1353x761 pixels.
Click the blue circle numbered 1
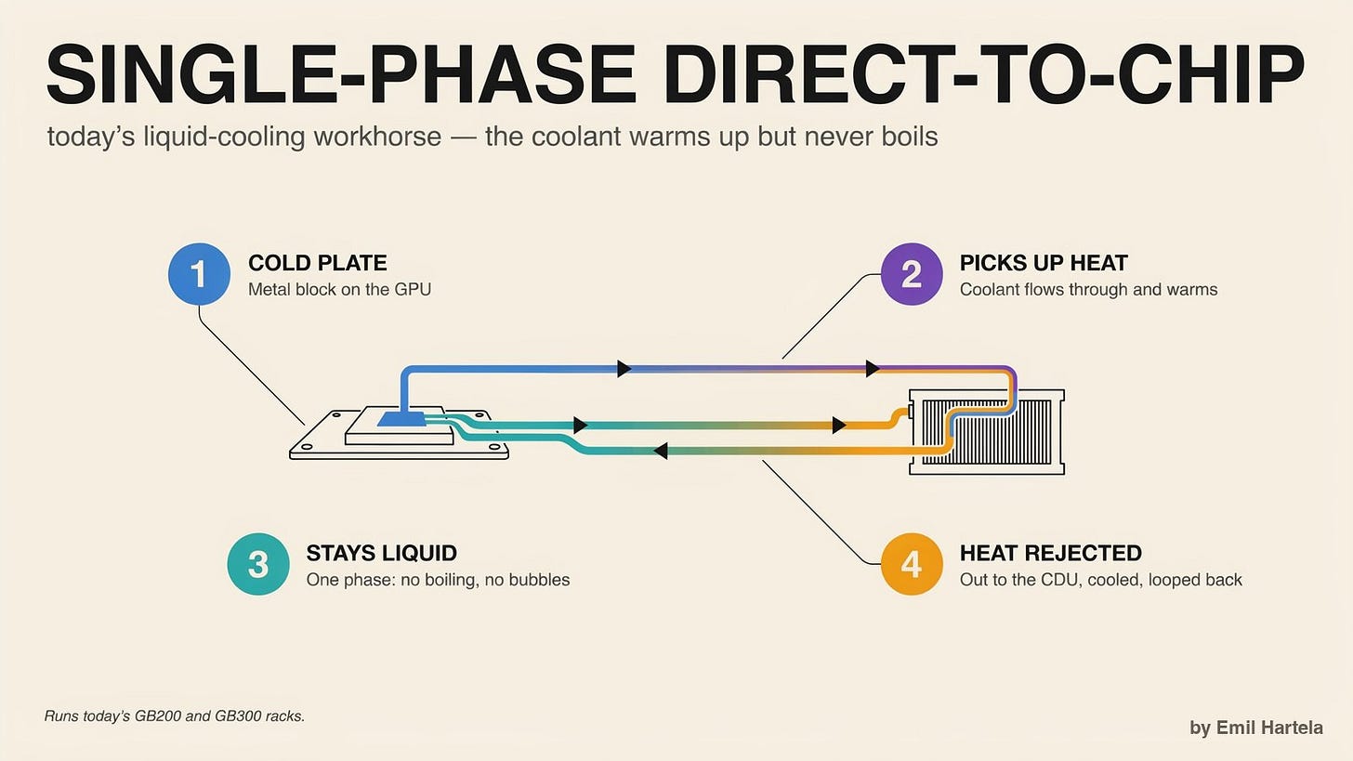[199, 274]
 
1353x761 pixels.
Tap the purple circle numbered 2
[912, 274]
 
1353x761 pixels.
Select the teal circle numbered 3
[258, 564]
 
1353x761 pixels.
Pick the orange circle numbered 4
[912, 564]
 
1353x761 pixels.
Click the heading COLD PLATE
[318, 263]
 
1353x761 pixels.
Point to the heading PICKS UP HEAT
[1044, 263]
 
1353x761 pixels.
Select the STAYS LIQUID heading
[382, 553]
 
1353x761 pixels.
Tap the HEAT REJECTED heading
[1051, 553]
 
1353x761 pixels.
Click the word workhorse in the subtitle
[377, 137]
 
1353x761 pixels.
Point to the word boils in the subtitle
[910, 137]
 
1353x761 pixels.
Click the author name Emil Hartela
[1269, 728]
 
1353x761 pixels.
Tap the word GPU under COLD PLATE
[413, 289]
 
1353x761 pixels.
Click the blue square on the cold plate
[402, 418]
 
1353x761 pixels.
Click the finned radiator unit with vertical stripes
[987, 432]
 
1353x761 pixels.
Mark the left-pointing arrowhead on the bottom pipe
[660, 451]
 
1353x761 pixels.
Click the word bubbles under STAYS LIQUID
[539, 580]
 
